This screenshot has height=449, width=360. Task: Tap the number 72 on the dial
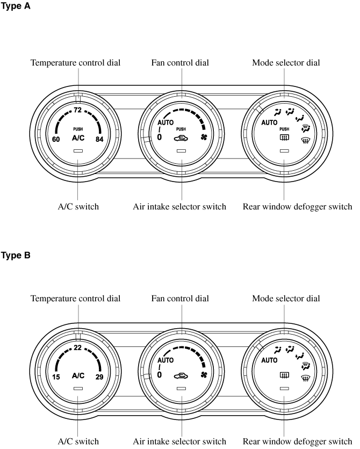click(77, 111)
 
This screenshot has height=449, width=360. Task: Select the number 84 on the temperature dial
click(99, 140)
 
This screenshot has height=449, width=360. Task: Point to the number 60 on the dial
click(56, 140)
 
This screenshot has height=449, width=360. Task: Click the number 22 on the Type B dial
click(77, 348)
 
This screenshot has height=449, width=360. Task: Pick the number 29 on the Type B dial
click(99, 376)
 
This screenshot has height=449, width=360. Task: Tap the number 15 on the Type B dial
click(56, 376)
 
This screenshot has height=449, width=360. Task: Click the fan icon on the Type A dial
click(204, 137)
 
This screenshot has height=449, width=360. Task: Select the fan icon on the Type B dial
click(204, 374)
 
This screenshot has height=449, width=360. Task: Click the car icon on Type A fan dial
click(181, 138)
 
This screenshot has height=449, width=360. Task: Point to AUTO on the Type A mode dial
click(269, 122)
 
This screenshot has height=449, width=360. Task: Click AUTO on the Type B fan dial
click(165, 360)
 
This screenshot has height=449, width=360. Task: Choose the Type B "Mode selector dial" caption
click(286, 299)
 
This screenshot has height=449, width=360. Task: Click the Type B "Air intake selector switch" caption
click(180, 442)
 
